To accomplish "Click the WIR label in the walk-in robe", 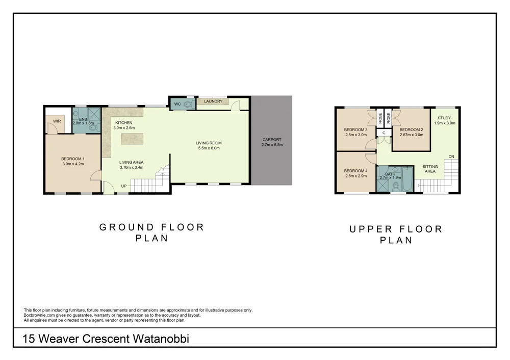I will point(57,121).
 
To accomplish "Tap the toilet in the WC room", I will point(188,105).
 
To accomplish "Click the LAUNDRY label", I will point(213,101).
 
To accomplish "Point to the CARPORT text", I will point(271,139).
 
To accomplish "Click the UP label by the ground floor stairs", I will point(124,186).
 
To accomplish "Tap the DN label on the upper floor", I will point(451,157).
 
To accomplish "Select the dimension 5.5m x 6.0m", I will point(209,148).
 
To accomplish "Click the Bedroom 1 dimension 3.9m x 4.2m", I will point(72,164).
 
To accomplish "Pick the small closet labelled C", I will point(384,133).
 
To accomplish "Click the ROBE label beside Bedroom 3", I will point(380,118).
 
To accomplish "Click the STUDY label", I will point(444,118).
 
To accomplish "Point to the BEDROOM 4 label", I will point(355,171).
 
